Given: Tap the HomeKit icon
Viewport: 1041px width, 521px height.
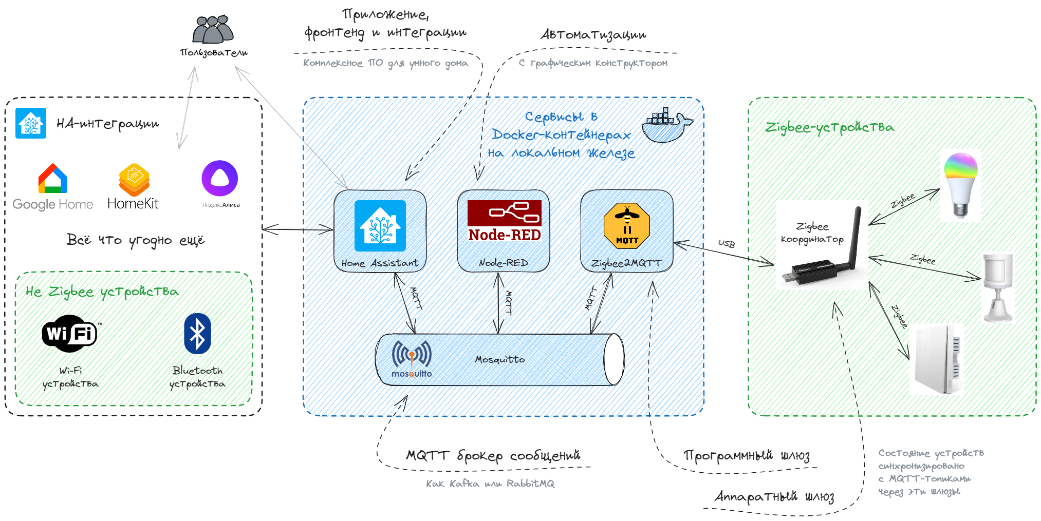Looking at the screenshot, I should coord(134,180).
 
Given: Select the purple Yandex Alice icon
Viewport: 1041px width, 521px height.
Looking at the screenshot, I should coord(220,178).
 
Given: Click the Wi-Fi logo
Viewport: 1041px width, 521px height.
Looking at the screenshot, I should coord(69,334).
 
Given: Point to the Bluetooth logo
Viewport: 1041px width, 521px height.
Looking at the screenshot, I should coord(198,334).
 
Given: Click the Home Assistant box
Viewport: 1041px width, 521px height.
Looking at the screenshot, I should coord(380,231).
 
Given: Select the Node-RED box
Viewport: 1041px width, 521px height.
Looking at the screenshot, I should coord(504,231).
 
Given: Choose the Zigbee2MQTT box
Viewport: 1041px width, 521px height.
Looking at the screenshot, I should coord(627,231).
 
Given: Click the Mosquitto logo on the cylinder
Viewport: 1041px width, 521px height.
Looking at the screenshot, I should coord(412,358).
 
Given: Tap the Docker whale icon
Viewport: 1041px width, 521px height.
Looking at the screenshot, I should coord(666,125).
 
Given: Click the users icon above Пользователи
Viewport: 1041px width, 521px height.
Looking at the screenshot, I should coord(213,30).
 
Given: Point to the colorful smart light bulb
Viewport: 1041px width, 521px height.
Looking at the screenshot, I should coord(960,184).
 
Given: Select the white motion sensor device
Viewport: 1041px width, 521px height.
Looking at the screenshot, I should coord(998,287).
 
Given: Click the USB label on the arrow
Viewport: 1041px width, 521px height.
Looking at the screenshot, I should coord(727,243).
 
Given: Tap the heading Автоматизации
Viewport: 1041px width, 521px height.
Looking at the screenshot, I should coord(593,35).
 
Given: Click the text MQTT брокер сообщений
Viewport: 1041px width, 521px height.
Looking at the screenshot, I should coord(493,455).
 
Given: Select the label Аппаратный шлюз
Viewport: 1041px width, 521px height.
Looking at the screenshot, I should coord(774,496).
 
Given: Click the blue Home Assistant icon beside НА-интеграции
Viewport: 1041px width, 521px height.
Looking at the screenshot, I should coord(31,123).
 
